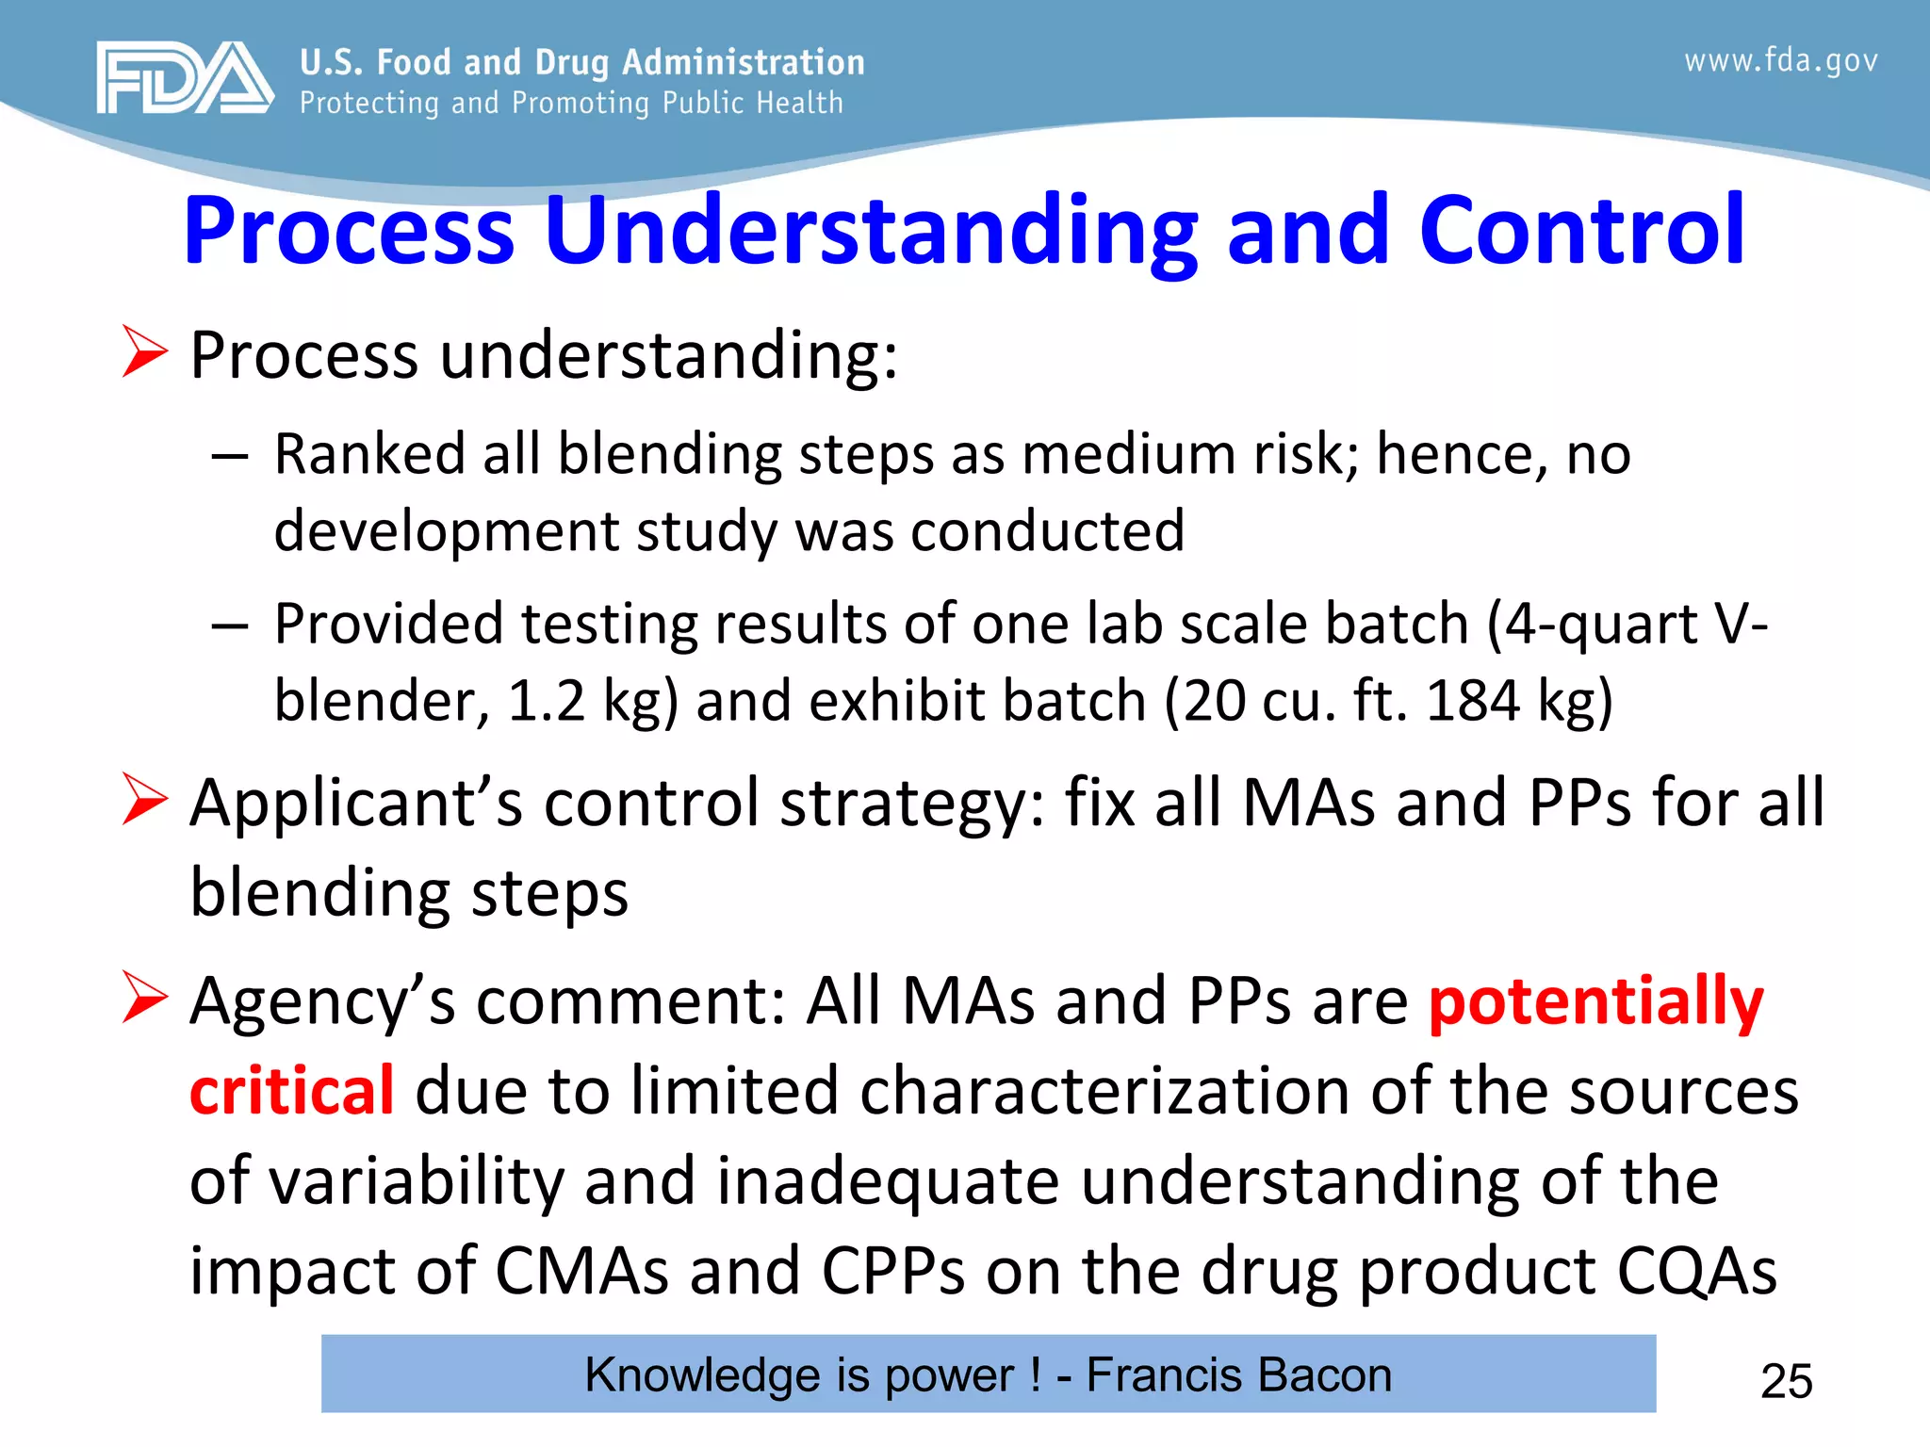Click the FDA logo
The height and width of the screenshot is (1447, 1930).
[185, 78]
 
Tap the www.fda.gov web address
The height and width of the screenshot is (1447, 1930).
[1780, 61]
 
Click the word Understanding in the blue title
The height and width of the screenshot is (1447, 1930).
[870, 231]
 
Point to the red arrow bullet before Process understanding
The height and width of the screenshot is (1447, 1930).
[144, 352]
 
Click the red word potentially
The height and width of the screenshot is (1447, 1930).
[1595, 1001]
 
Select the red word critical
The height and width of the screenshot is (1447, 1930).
[291, 1090]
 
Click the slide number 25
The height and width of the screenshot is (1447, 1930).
[1786, 1381]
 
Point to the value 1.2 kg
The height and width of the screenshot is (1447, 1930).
[592, 702]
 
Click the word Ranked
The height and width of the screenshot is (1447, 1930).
[369, 454]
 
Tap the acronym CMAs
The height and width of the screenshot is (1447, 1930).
[581, 1271]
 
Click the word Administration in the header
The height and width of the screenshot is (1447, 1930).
[743, 62]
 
